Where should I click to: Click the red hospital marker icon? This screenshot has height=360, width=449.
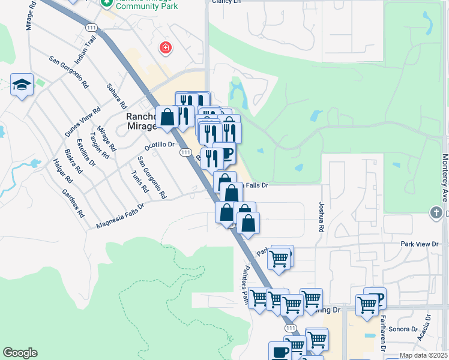point(164,48)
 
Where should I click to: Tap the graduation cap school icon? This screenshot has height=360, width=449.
point(22,85)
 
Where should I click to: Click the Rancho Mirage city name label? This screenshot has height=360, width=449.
point(141,121)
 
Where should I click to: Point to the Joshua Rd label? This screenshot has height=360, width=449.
point(322,217)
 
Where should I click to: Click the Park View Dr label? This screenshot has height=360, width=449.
point(420,244)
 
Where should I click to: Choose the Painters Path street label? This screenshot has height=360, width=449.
point(246,284)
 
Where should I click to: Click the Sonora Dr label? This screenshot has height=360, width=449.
point(402,329)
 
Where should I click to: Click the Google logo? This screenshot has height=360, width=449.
point(19,353)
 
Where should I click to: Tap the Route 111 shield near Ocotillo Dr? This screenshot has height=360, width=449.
point(185,154)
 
